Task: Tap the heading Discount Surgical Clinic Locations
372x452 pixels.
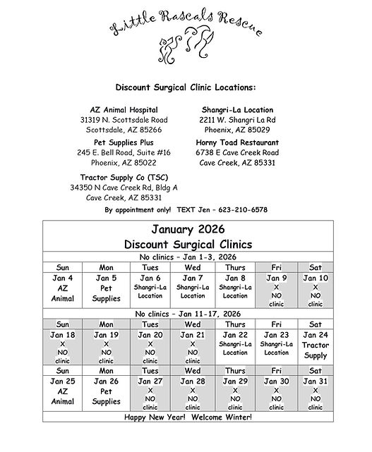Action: (186, 88)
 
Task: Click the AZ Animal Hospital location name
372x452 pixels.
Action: (124, 110)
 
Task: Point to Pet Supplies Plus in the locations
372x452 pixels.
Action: (124, 142)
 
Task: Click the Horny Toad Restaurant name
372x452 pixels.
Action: (236, 142)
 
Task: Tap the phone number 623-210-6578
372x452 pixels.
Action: (244, 210)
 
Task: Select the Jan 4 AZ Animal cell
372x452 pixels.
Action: (63, 288)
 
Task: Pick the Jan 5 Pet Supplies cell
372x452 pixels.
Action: (106, 288)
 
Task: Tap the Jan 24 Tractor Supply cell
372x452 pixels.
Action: (316, 345)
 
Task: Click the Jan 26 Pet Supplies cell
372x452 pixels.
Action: (106, 391)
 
